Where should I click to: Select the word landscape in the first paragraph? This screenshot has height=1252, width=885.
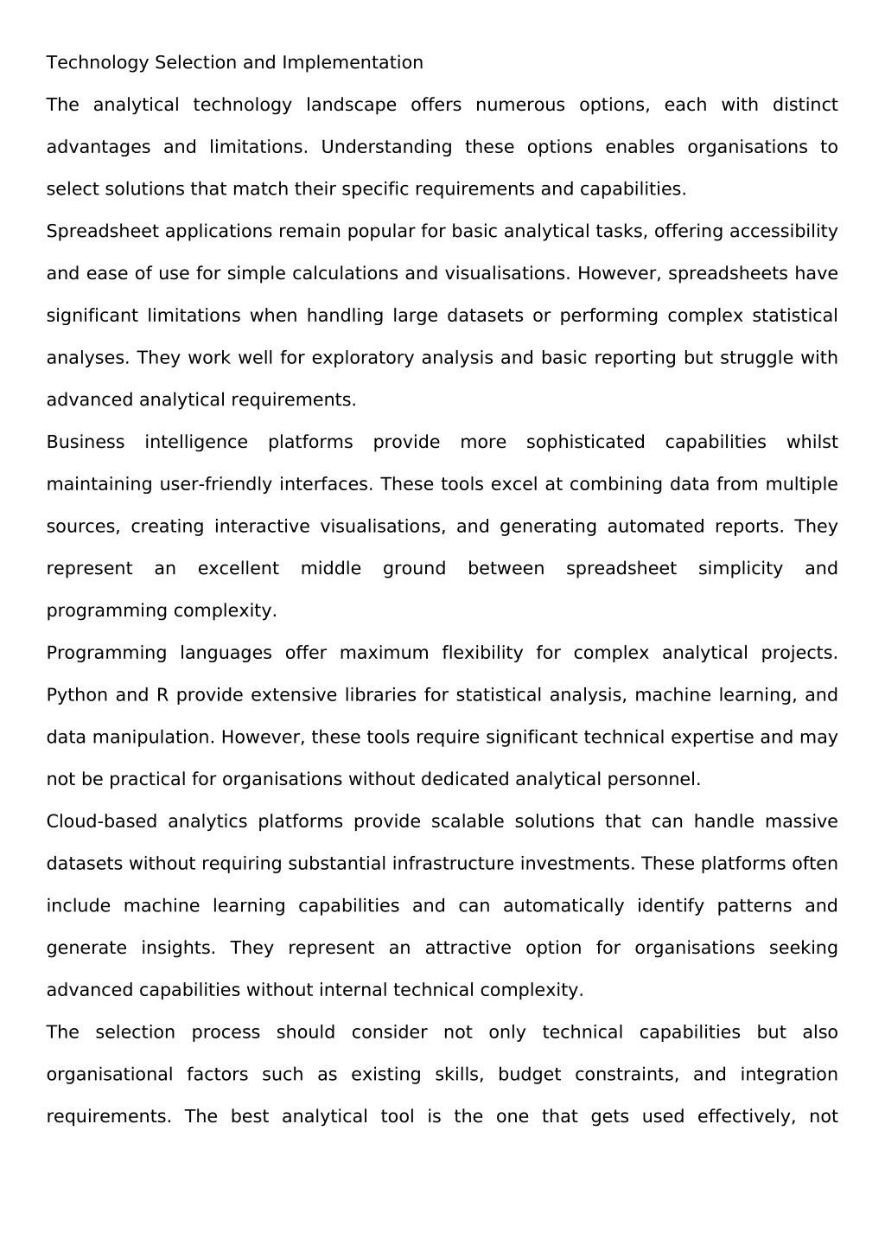tap(351, 105)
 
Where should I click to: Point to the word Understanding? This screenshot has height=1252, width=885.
tap(386, 148)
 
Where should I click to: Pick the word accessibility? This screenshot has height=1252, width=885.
tap(783, 232)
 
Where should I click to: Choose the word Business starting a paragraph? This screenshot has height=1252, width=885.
tap(86, 443)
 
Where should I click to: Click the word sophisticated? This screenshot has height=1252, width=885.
tap(585, 443)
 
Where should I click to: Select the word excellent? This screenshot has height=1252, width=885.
tap(239, 569)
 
